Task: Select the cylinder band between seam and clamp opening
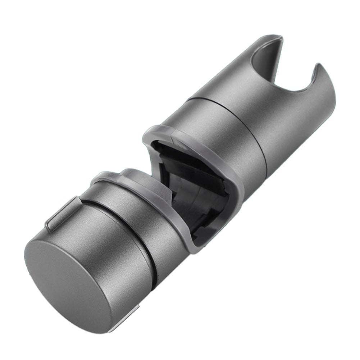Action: point(230,133)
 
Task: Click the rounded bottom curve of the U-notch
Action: point(299,90)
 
